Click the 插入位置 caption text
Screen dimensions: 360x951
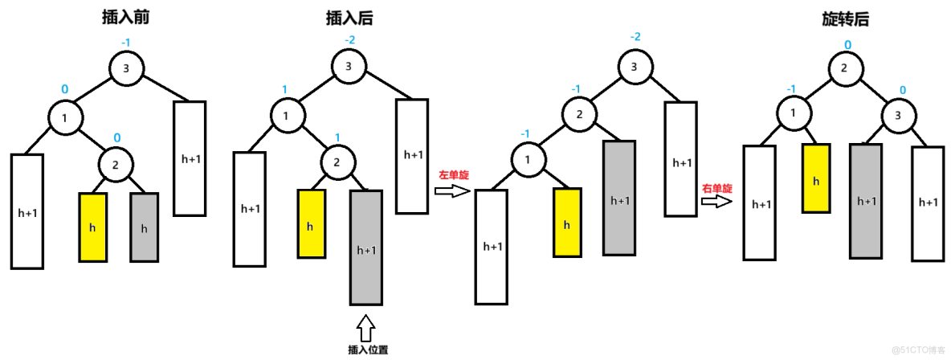click(x=365, y=350)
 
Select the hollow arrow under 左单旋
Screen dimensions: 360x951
click(x=450, y=191)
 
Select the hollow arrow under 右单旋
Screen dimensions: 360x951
click(x=716, y=202)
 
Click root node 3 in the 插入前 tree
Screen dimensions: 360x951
click(x=126, y=68)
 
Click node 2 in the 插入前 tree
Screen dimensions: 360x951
click(x=115, y=166)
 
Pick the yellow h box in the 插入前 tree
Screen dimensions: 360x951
click(x=92, y=227)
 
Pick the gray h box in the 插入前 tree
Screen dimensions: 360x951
click(x=145, y=227)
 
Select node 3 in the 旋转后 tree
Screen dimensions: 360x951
click(x=891, y=117)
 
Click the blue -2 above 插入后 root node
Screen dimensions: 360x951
click(x=349, y=39)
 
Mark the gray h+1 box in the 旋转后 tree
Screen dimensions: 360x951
click(x=866, y=201)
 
